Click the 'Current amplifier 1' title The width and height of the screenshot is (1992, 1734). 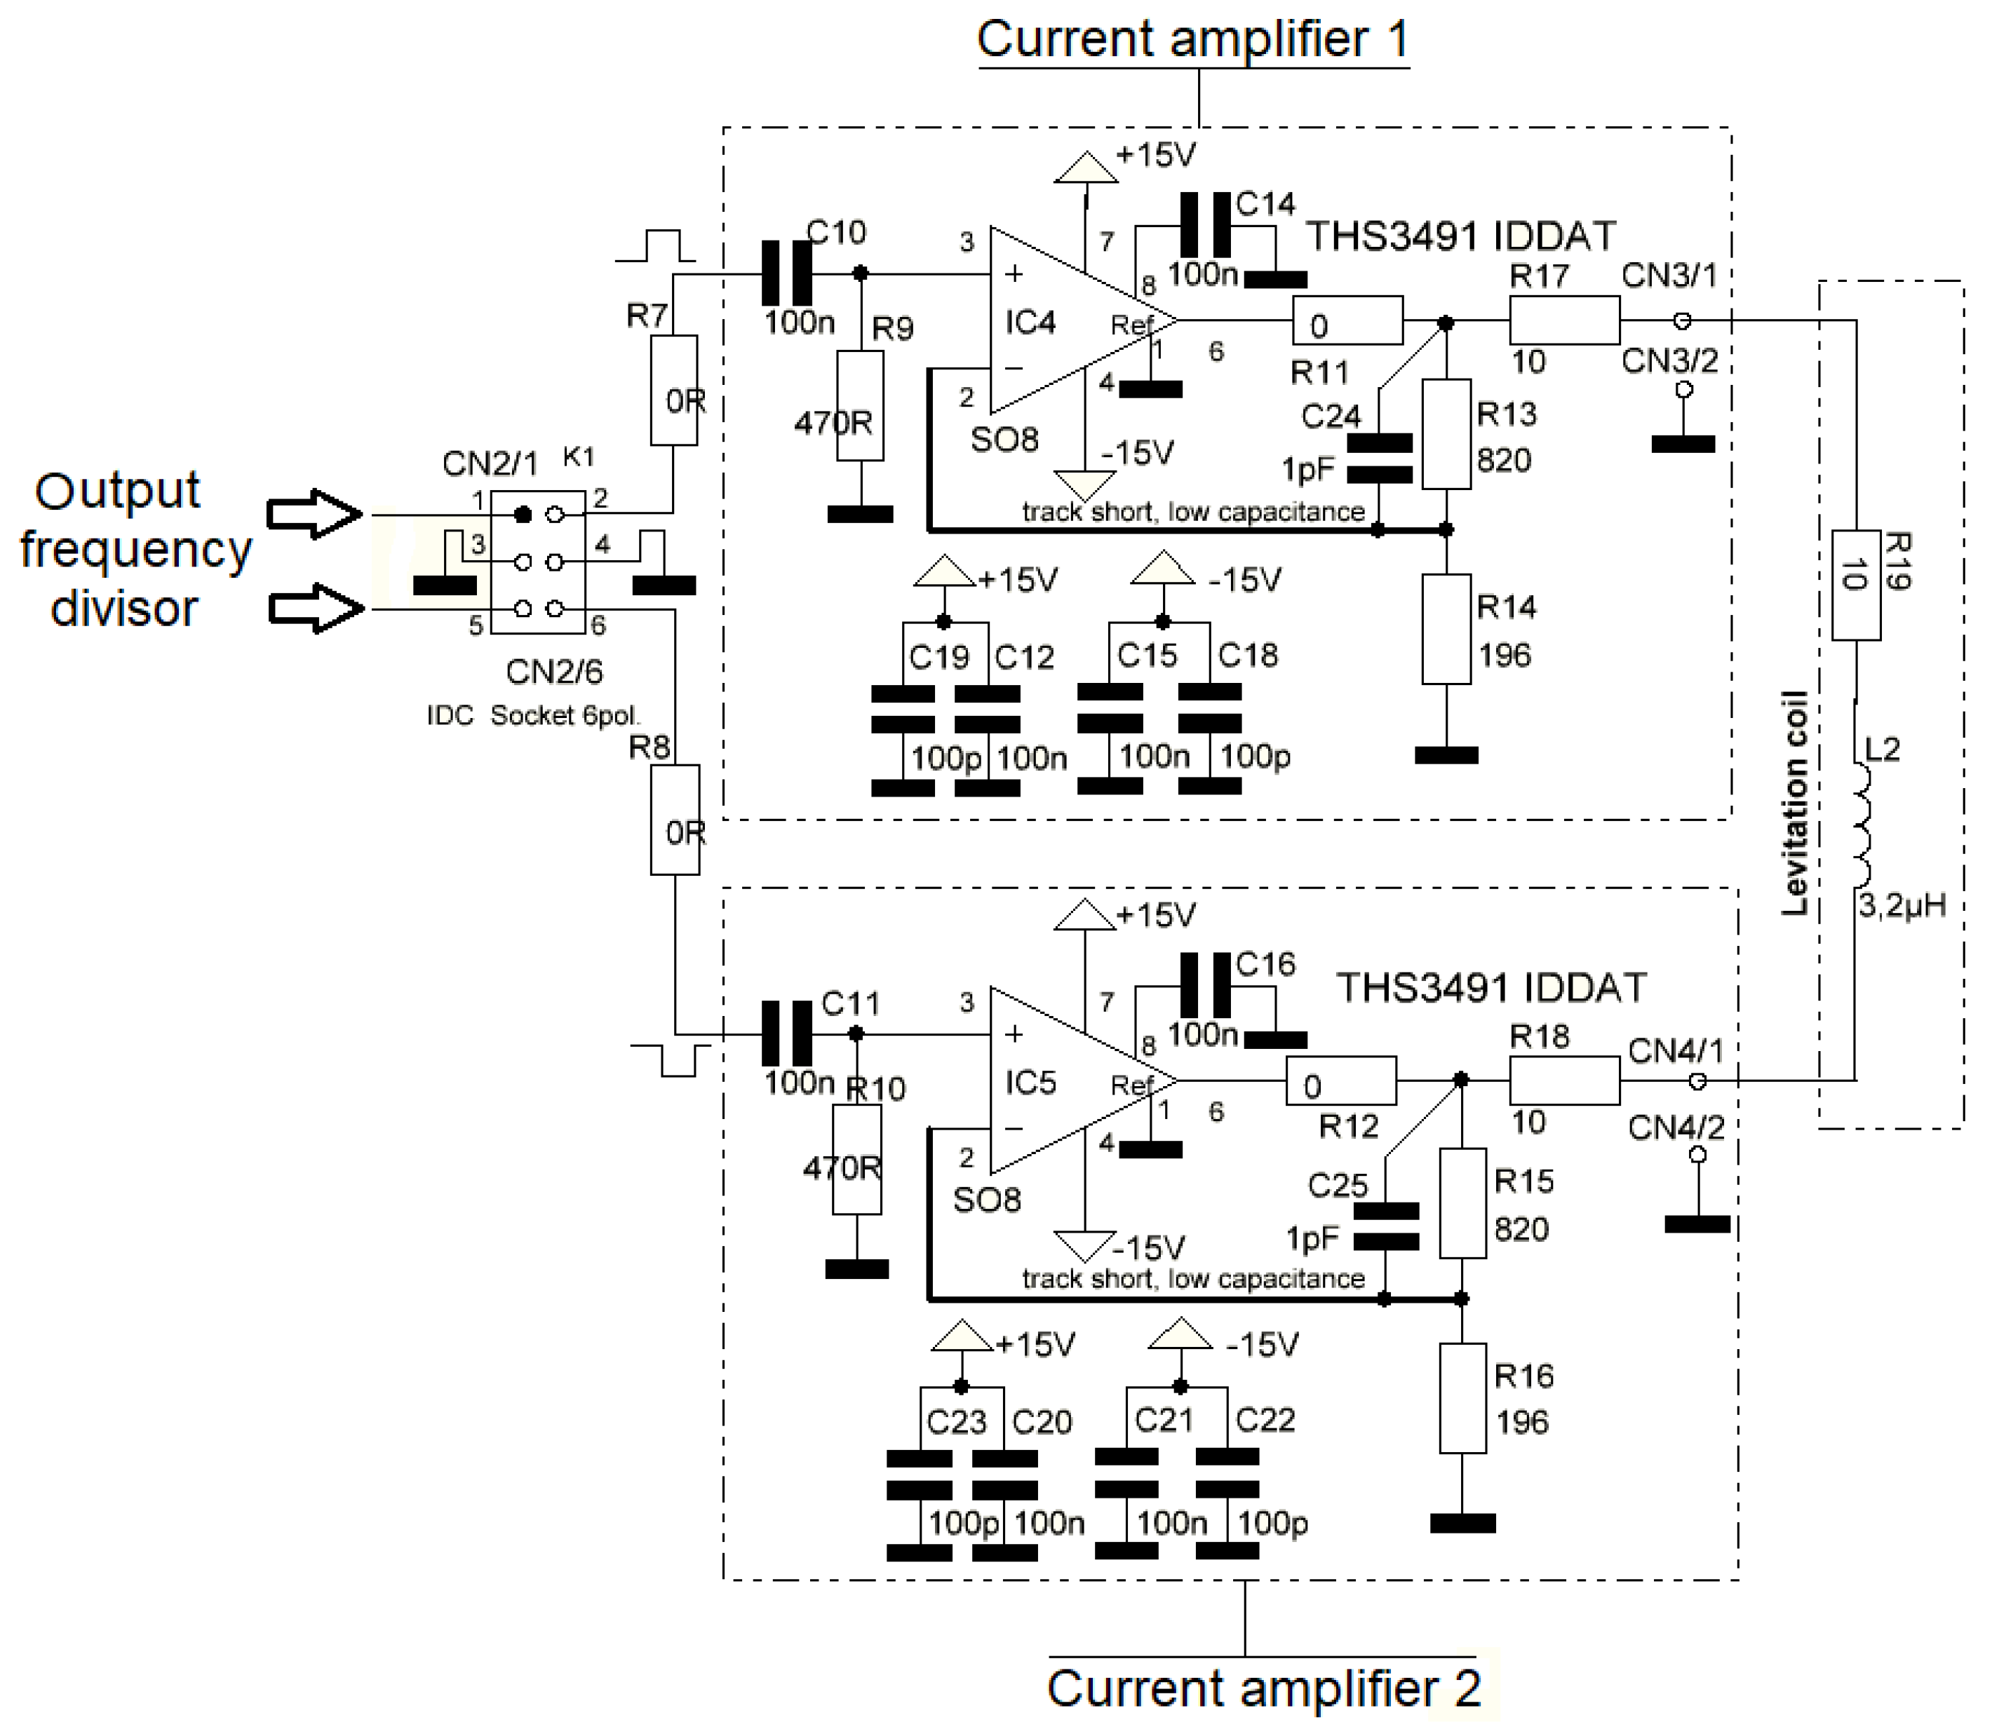click(1192, 41)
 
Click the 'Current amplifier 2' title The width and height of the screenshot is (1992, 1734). click(1263, 1688)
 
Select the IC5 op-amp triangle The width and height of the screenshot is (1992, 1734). click(1065, 1081)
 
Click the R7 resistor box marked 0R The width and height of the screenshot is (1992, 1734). click(673, 391)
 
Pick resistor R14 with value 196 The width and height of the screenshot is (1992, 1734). click(1446, 630)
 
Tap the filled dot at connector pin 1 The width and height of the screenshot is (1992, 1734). click(523, 514)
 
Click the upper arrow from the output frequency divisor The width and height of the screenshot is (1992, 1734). click(314, 514)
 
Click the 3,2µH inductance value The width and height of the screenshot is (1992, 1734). click(1901, 907)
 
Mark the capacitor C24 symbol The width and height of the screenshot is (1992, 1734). click(1379, 459)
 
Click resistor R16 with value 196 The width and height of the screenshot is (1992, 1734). click(1462, 1398)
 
